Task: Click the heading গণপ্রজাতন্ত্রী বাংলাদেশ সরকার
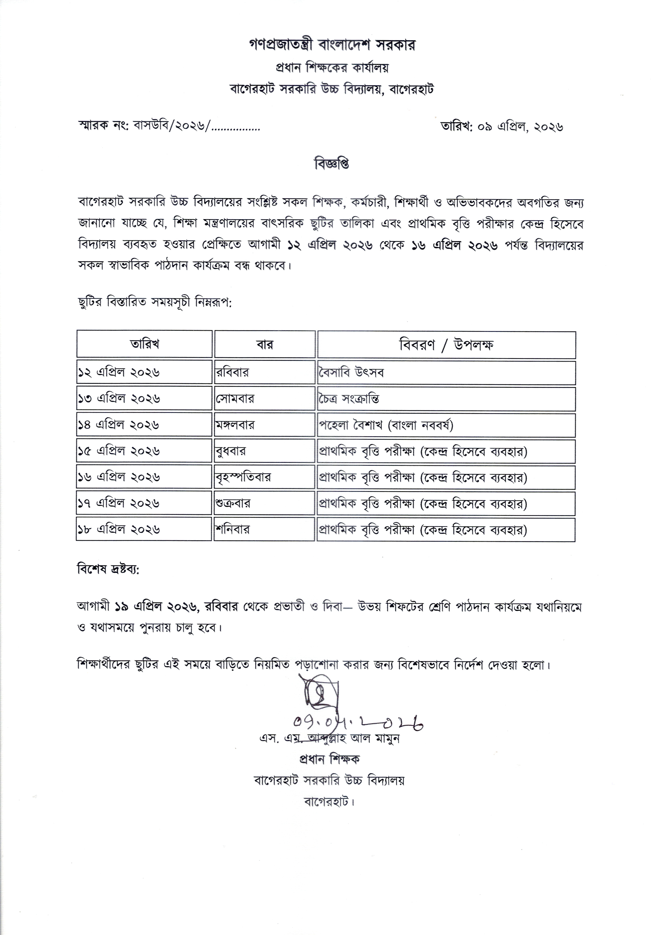332,45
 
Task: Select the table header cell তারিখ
145,344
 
